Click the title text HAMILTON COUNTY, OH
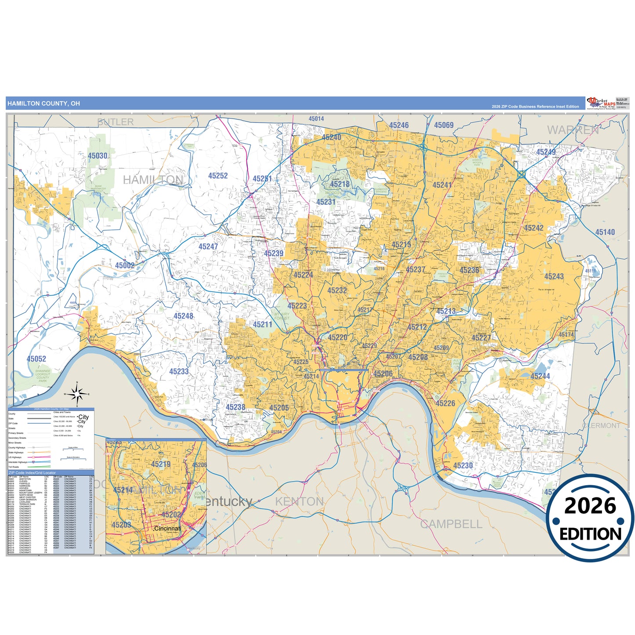click(44, 104)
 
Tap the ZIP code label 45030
click(97, 156)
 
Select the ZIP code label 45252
click(218, 176)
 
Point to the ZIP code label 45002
click(125, 265)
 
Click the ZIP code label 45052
click(36, 359)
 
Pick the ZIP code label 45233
click(179, 372)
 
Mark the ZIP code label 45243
click(554, 276)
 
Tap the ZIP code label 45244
click(540, 376)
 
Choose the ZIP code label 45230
click(463, 466)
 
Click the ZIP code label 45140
click(605, 232)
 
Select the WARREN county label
click(573, 130)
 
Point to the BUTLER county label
click(115, 122)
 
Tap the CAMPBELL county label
click(451, 524)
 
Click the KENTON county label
click(299, 501)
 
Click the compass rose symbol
click(77, 394)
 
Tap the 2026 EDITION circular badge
click(590, 519)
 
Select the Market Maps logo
click(601, 103)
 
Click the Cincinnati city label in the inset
click(167, 529)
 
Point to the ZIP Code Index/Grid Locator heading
click(32, 473)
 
